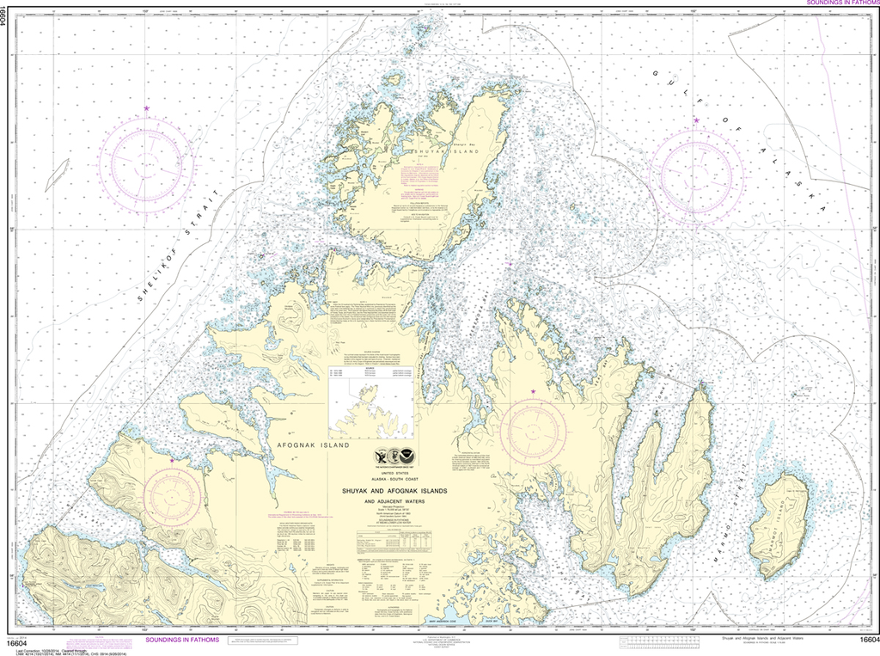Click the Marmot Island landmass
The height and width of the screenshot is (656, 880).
(x=778, y=524)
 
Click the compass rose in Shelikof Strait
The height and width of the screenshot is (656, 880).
(x=145, y=164)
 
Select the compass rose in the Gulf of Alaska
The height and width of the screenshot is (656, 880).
(x=695, y=172)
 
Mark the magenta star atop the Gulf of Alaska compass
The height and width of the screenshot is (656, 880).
(x=696, y=120)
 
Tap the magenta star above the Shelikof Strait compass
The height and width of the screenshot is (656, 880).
(x=147, y=108)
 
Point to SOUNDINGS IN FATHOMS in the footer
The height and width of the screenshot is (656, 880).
(x=181, y=641)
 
